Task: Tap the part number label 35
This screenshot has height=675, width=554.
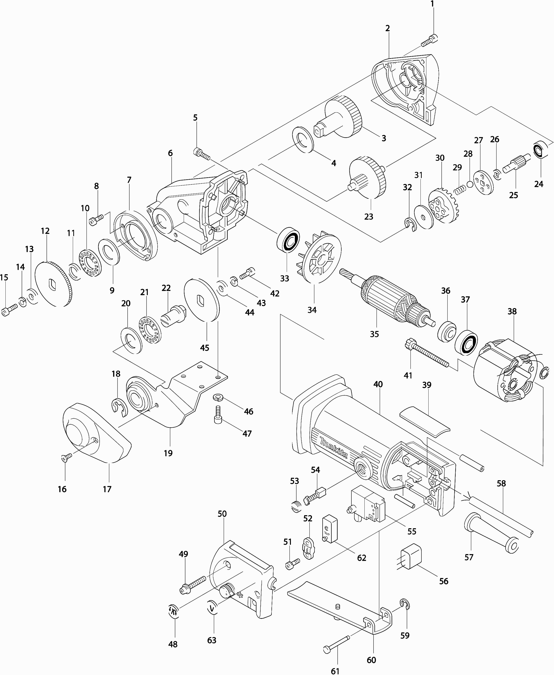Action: (374, 334)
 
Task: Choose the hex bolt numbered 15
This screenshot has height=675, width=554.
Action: (9, 310)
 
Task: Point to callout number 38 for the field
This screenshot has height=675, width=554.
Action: (512, 311)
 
